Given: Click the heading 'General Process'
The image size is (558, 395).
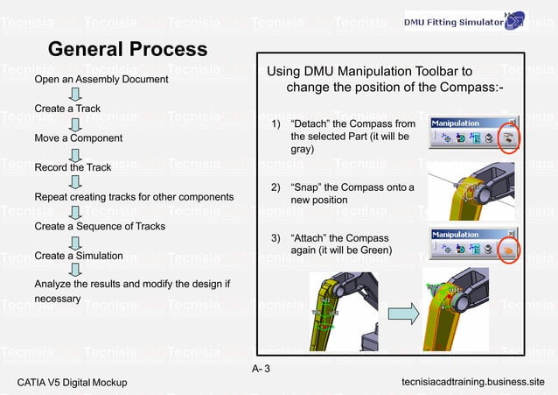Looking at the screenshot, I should point(127,49).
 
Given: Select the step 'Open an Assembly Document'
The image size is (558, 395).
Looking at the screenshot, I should point(101,80).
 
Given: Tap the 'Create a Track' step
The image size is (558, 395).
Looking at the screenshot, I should point(67,109).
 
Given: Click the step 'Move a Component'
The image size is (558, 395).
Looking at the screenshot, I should point(79,138).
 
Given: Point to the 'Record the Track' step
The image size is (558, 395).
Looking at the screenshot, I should point(73,167).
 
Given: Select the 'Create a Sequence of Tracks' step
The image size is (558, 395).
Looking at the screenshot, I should point(100,226).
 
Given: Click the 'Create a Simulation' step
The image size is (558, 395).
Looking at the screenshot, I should point(79,256).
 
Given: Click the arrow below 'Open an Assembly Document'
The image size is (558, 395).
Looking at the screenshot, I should point(76,95).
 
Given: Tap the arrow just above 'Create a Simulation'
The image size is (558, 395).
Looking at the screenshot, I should point(76,241).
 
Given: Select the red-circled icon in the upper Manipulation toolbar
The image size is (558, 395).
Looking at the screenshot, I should point(508,138).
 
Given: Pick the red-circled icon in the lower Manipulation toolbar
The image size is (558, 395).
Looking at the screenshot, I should point(508,250).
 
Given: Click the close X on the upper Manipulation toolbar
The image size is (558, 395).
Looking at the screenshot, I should point(513,123).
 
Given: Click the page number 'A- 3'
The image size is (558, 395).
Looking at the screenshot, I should point(261,368).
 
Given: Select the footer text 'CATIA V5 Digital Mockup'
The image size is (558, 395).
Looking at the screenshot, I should point(73,383).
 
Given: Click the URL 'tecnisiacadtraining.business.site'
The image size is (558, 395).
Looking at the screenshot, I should point(472,383).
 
